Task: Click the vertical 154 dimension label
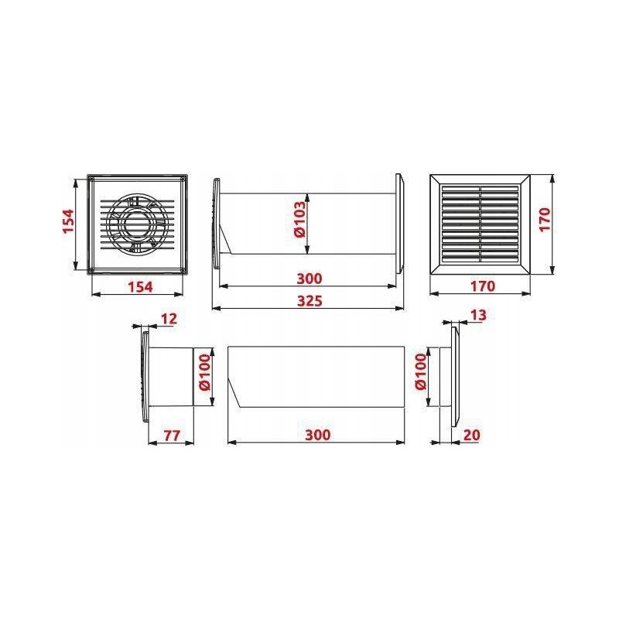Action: coord(68,221)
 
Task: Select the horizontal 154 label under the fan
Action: coord(140,286)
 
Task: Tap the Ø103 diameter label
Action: coord(300,219)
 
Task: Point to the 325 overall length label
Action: coord(310,301)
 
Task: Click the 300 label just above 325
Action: coord(310,279)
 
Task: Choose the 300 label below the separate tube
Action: coord(318,435)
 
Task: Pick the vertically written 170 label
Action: coord(545,220)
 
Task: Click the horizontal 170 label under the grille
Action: coord(482,286)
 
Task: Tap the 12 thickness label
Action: coord(169,319)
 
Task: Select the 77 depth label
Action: coord(172,436)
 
